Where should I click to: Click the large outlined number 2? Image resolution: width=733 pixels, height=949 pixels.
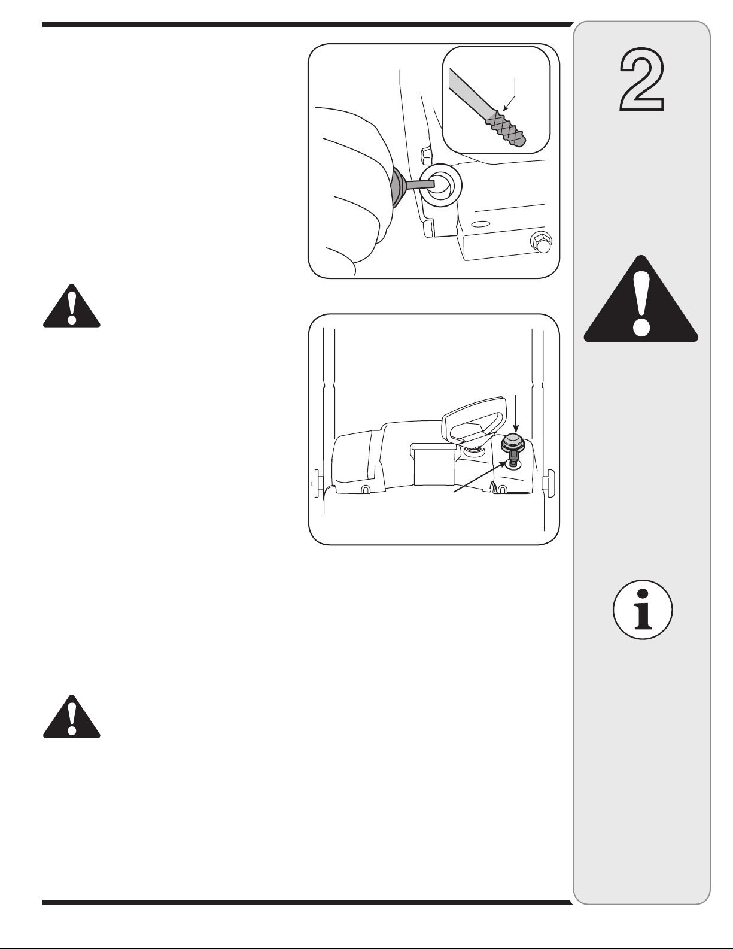pos(642,80)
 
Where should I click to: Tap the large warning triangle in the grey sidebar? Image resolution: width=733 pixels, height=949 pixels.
pos(641,301)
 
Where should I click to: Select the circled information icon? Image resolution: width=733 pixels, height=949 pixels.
pos(643,610)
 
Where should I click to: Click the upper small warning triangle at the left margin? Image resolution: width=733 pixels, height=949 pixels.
pos(72,306)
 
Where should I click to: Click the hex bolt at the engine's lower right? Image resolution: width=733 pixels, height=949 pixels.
pos(540,242)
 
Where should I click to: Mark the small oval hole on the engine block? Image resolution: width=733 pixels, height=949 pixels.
pos(480,225)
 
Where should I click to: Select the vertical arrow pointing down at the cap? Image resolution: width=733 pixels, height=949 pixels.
pos(516,414)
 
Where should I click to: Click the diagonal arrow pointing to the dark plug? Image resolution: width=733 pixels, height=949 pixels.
pos(482,477)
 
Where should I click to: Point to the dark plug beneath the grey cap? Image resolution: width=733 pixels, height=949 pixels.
pos(514,459)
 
